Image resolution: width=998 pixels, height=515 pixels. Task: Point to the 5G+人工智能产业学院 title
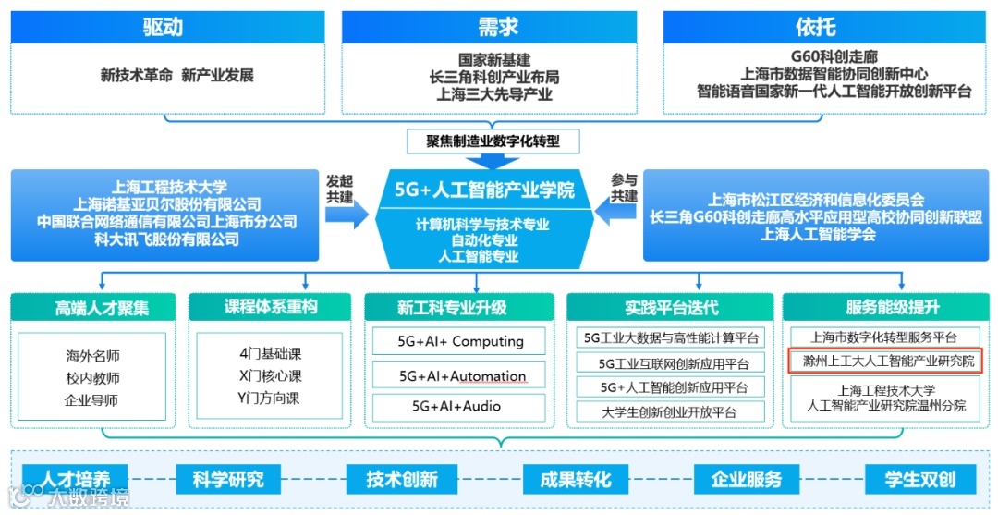pyautogui.click(x=484, y=190)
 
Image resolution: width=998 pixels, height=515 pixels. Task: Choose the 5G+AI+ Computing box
pyautogui.click(x=460, y=341)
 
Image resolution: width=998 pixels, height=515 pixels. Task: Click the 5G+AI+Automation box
pyautogui.click(x=460, y=376)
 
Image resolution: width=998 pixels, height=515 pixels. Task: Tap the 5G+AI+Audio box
pyautogui.click(x=460, y=406)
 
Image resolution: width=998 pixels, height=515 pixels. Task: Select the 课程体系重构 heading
pyautogui.click(x=270, y=308)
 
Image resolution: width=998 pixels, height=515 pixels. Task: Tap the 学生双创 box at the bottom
pyautogui.click(x=919, y=479)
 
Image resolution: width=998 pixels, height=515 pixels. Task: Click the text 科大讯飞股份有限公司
pyautogui.click(x=166, y=240)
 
